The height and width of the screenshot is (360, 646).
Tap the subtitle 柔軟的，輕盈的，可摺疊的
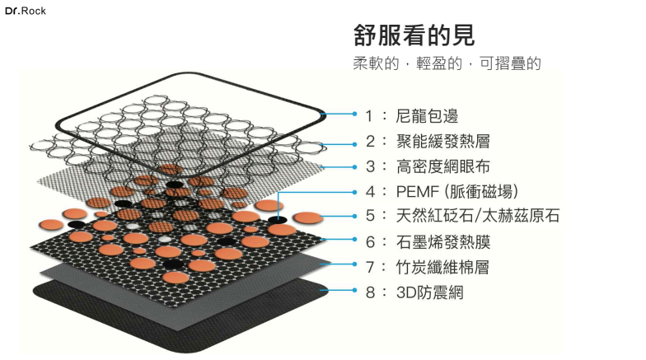[447, 63]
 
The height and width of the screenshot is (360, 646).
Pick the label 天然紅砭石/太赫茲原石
[478, 216]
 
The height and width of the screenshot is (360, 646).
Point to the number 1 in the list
[371, 115]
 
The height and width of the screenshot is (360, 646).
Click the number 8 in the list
[371, 291]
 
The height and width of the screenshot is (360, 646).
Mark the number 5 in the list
[371, 216]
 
